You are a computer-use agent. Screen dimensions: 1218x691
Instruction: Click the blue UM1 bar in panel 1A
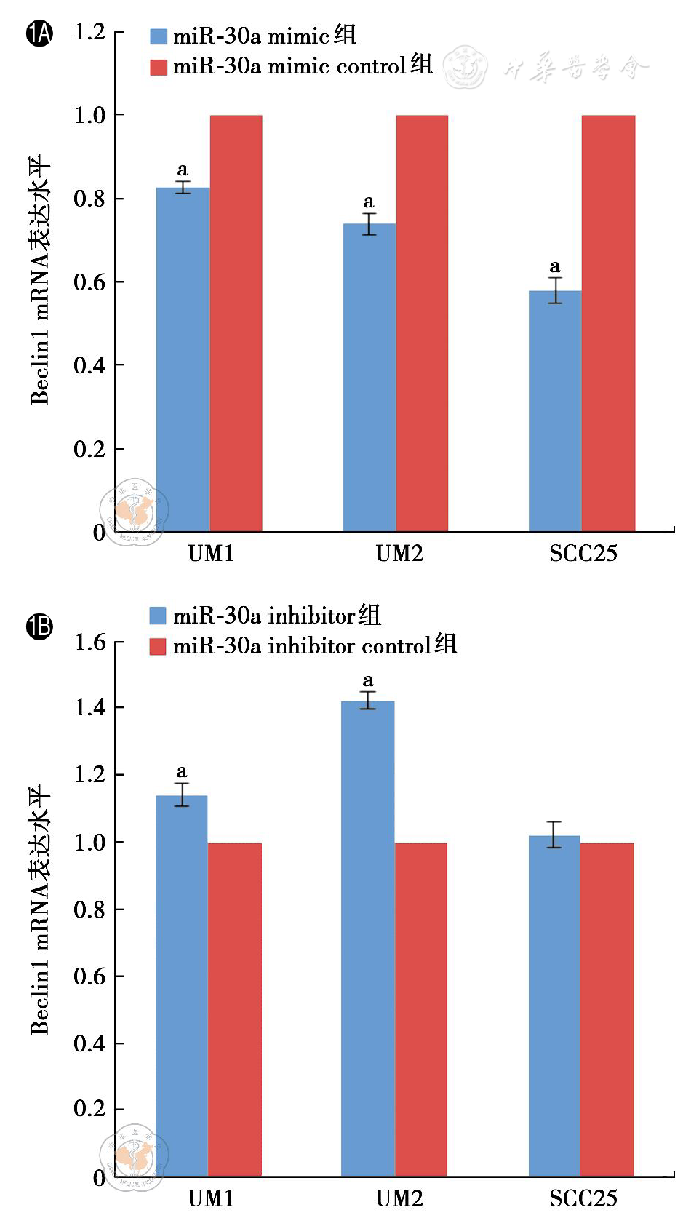click(x=183, y=359)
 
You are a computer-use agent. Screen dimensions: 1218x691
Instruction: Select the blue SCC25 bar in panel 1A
click(x=555, y=411)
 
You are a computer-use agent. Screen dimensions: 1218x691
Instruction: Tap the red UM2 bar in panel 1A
click(x=422, y=323)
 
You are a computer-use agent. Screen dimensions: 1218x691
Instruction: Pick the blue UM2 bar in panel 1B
click(x=368, y=939)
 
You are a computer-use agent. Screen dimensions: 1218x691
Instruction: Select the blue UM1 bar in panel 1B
click(x=182, y=986)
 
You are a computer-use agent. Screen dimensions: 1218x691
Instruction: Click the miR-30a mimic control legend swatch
click(x=159, y=68)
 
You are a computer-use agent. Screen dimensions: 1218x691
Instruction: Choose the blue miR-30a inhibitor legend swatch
click(x=158, y=616)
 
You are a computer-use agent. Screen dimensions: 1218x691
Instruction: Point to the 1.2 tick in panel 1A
click(x=89, y=32)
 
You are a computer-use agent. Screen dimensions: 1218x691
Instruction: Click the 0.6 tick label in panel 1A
click(x=89, y=282)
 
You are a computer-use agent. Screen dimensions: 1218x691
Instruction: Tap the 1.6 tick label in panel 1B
click(x=89, y=642)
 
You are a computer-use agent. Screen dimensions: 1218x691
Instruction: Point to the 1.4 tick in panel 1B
click(x=89, y=707)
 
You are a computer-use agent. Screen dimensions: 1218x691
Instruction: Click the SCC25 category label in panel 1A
click(x=583, y=554)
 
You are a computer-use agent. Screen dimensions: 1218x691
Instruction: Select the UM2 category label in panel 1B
click(x=399, y=1198)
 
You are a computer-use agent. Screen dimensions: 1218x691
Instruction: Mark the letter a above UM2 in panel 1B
click(x=368, y=681)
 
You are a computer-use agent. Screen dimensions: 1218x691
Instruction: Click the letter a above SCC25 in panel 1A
click(x=555, y=266)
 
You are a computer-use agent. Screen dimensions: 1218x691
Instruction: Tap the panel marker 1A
click(x=39, y=33)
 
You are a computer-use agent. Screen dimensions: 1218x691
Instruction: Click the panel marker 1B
click(x=39, y=626)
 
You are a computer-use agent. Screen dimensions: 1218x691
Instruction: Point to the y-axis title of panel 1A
click(x=39, y=280)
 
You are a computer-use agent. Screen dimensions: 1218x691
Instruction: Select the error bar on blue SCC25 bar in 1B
click(x=554, y=835)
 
